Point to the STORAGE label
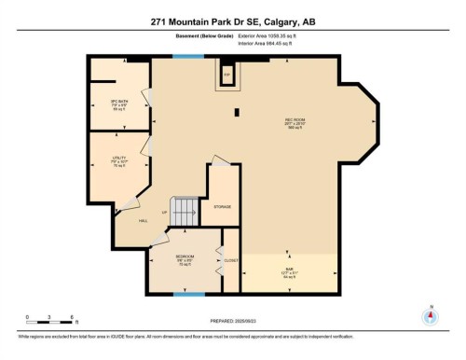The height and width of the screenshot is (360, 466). [x=222, y=206]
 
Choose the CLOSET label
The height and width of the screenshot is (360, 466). [x=230, y=260]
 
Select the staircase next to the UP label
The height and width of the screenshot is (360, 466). [x=185, y=211]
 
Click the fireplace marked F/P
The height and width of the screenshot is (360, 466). [x=226, y=72]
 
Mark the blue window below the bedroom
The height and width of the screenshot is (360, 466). [x=188, y=296]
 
